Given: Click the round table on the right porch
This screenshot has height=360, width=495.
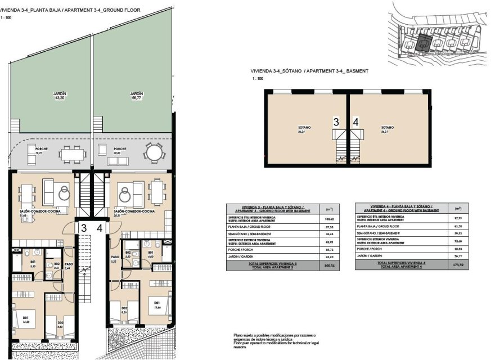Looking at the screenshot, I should pos(152,152).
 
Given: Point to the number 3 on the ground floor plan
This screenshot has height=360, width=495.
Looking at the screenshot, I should pos(83,228).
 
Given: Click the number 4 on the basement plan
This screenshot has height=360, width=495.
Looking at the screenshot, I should pos(355,121).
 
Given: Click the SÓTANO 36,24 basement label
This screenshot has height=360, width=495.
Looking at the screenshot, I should pos(304,129).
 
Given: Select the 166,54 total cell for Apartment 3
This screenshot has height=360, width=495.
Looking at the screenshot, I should pos(328,267).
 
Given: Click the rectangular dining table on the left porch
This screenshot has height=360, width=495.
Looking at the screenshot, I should pos(71,152).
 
